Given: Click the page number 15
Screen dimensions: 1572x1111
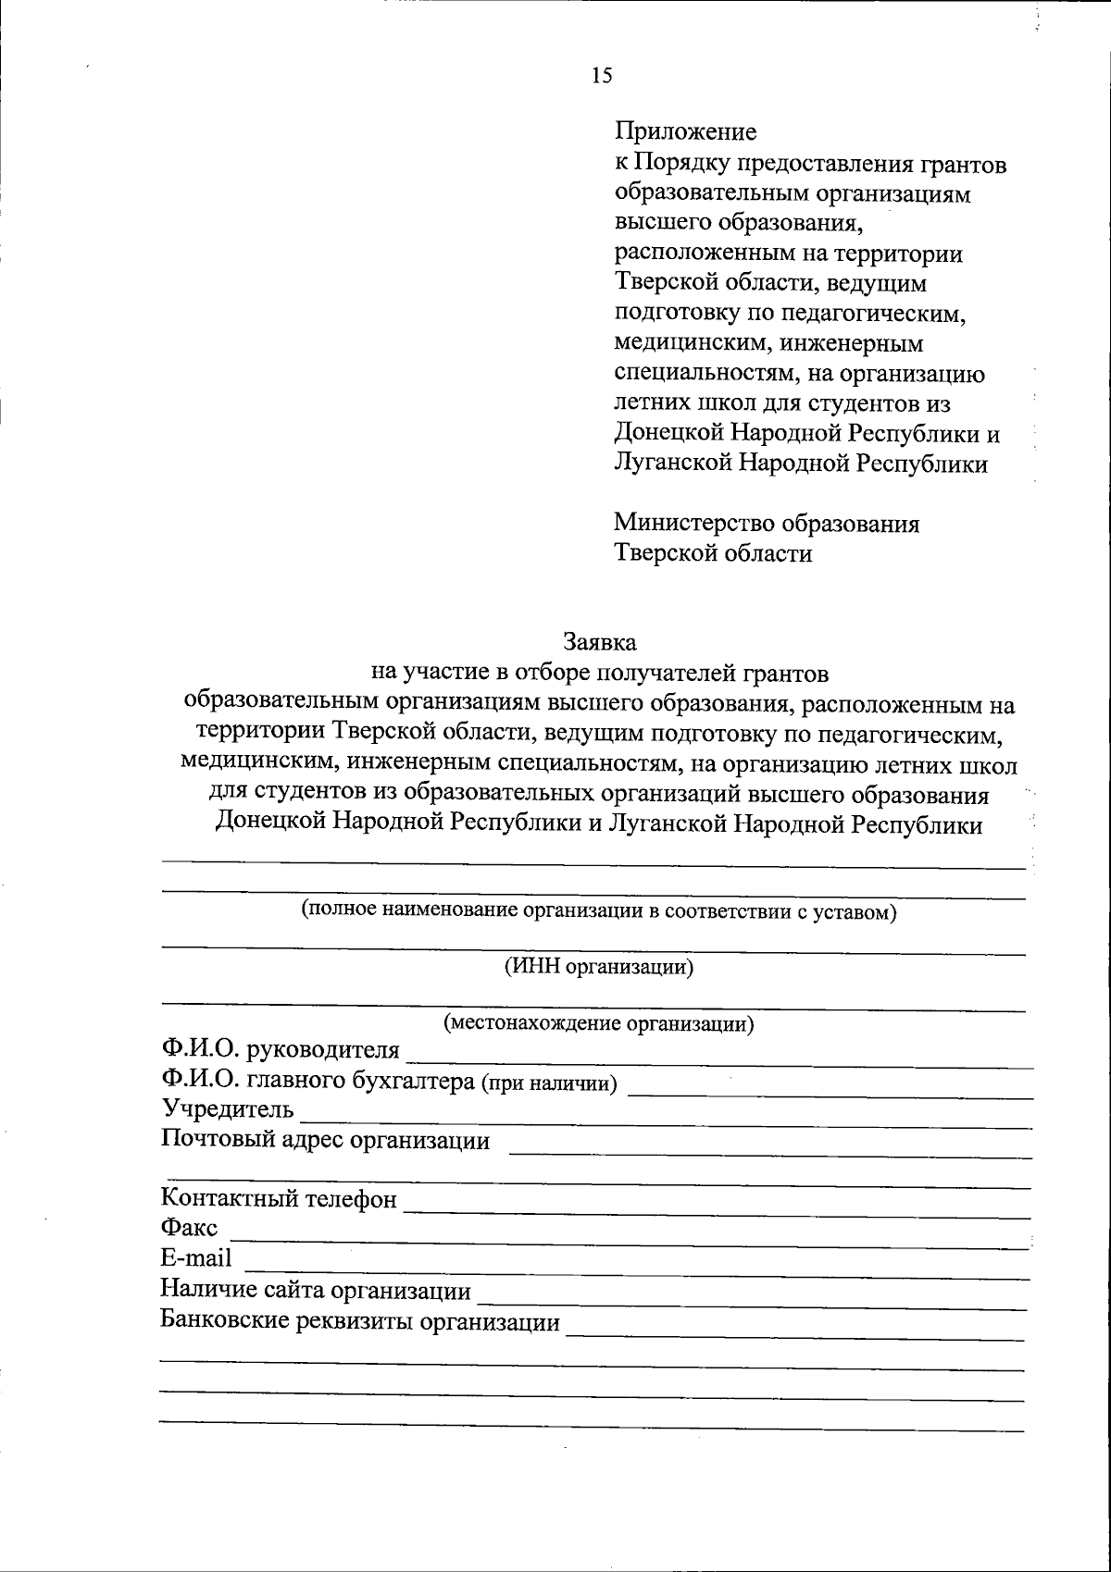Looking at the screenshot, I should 602,76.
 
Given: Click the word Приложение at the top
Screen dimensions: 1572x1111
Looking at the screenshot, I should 686,132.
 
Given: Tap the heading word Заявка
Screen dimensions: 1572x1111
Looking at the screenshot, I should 601,640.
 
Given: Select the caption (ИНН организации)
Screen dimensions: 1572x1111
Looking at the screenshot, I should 599,968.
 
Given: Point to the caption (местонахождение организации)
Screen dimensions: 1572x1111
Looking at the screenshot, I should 599,1023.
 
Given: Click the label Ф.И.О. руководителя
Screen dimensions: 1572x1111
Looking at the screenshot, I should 281,1050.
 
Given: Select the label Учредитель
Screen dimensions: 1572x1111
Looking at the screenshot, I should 228,1108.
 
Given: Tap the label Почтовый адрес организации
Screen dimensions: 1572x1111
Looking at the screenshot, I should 326,1139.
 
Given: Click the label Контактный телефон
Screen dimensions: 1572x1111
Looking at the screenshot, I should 279,1199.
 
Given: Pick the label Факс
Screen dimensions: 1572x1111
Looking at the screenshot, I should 190,1229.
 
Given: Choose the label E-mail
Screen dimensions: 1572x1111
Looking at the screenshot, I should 196,1259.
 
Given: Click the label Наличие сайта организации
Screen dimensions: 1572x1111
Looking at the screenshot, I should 316,1290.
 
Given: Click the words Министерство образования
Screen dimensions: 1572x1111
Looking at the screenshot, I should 767,524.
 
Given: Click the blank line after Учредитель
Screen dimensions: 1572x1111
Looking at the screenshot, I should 667,1123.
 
